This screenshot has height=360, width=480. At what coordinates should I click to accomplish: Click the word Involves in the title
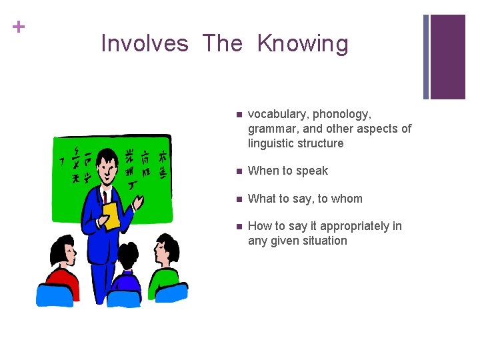point(145,44)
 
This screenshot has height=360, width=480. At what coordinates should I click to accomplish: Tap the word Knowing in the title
point(303,44)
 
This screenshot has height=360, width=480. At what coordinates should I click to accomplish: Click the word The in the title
point(223,44)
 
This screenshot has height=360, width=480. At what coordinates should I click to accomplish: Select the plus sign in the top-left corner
point(19,27)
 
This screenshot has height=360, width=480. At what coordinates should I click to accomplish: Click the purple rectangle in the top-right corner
point(447,57)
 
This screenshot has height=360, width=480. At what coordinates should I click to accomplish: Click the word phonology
point(342,115)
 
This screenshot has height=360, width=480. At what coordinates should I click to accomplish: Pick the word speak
point(313,171)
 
